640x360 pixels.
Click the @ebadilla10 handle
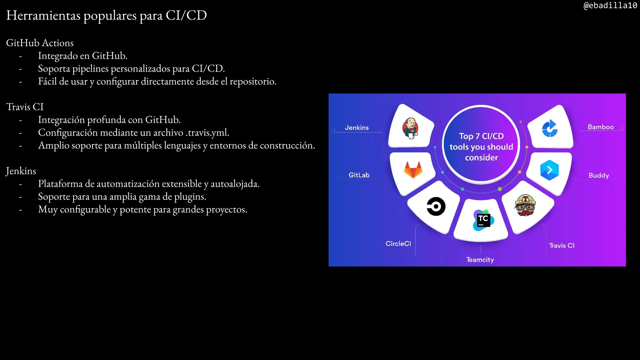[x=610, y=6]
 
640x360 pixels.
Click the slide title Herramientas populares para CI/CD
[x=107, y=15]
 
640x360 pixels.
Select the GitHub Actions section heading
[x=40, y=43]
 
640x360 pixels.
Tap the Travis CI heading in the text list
[x=25, y=107]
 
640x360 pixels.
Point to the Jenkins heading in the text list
[x=21, y=171]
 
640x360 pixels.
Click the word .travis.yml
[x=207, y=133]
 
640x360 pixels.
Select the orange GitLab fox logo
[x=413, y=170]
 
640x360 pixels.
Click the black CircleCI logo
[x=436, y=207]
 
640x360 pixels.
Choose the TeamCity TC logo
[x=483, y=220]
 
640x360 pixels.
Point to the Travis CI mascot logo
[x=525, y=205]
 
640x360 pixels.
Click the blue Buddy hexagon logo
[x=549, y=170]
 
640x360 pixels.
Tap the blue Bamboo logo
[x=550, y=128]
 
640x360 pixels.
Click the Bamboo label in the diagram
[x=601, y=127]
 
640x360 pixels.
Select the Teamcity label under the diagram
[x=480, y=260]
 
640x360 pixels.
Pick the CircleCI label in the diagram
[x=398, y=244]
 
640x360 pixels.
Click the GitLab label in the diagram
[x=359, y=175]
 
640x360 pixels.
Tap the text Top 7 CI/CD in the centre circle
[x=481, y=136]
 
